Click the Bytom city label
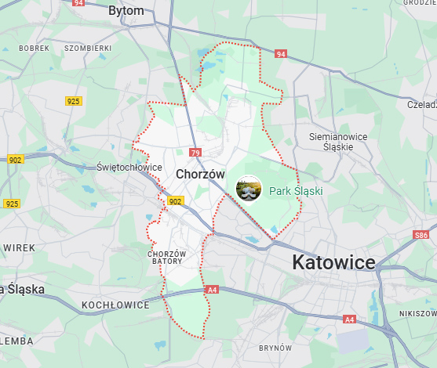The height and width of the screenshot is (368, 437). tap(126, 11)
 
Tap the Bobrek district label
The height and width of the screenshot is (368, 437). tap(34, 49)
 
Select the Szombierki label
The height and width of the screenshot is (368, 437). tap(88, 49)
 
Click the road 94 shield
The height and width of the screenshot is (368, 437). tap(280, 54)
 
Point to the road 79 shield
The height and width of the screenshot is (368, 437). tap(195, 153)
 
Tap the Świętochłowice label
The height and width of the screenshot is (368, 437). tap(129, 168)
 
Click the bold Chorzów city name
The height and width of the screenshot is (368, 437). tap(201, 174)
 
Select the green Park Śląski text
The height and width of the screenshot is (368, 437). tap(296, 190)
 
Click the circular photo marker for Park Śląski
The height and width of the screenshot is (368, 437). tap(249, 189)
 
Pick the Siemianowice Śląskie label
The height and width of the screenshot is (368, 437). tap(338, 142)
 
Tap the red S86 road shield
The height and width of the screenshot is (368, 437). tap(421, 235)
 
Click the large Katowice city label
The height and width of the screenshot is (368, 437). tap(334, 262)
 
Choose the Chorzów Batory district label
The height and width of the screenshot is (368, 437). tap(166, 258)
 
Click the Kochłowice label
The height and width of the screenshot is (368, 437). tap(115, 305)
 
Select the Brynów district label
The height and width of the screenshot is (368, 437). tap(275, 348)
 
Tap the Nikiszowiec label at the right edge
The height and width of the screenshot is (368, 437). tap(417, 313)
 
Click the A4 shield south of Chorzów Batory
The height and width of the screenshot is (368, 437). tap(212, 290)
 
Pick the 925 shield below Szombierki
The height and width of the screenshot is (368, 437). tap(74, 101)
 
